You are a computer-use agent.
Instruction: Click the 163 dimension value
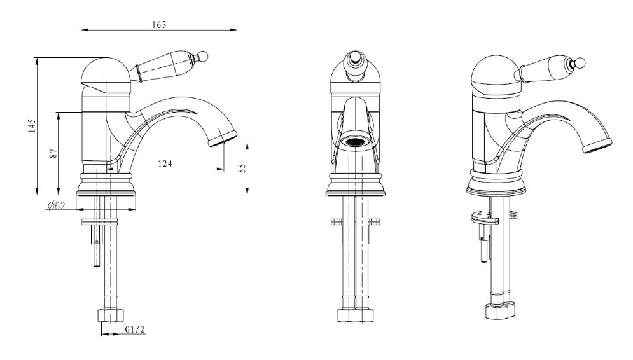(x=159, y=25)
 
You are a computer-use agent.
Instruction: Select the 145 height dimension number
(x=32, y=126)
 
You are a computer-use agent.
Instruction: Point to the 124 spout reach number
(x=165, y=163)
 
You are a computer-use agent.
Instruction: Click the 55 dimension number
(x=242, y=169)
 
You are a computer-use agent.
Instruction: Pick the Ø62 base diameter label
(x=57, y=206)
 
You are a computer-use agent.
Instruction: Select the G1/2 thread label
(x=135, y=329)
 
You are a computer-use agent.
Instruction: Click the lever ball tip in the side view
(x=203, y=56)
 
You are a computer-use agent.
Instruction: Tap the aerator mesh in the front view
(x=355, y=142)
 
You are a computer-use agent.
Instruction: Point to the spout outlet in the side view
(x=221, y=139)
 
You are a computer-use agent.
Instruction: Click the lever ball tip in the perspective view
(x=580, y=62)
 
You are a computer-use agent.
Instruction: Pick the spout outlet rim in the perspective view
(x=597, y=145)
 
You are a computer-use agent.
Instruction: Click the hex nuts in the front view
(x=355, y=315)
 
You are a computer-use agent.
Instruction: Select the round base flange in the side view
(x=107, y=184)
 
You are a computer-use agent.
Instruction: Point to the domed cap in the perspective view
(x=496, y=73)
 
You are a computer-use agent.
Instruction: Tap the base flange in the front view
(x=355, y=185)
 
